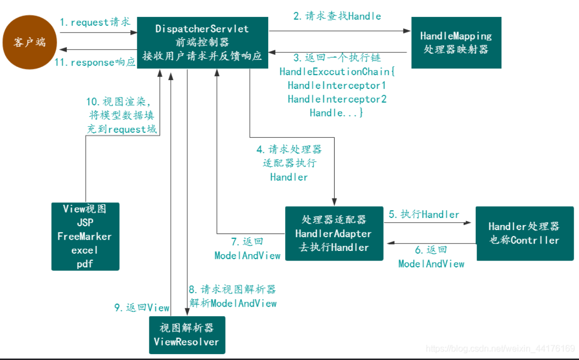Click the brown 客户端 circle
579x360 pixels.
pos(30,42)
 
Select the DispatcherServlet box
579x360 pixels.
pos(202,43)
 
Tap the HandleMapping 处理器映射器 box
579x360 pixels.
pos(456,43)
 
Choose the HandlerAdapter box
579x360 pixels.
pos(334,233)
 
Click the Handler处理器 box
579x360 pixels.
pos(524,233)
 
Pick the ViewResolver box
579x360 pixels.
pos(187,335)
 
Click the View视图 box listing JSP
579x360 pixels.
pos(85,236)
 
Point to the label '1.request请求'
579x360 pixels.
pos(95,22)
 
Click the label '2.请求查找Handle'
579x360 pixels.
pos(337,16)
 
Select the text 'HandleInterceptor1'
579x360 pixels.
pos(337,85)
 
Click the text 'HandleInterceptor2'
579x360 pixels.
pos(337,99)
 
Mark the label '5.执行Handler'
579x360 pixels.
pos(424,214)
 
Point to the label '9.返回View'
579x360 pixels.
pos(142,308)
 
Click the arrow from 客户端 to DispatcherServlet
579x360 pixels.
pos(97,33)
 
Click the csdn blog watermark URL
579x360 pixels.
pos(500,348)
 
